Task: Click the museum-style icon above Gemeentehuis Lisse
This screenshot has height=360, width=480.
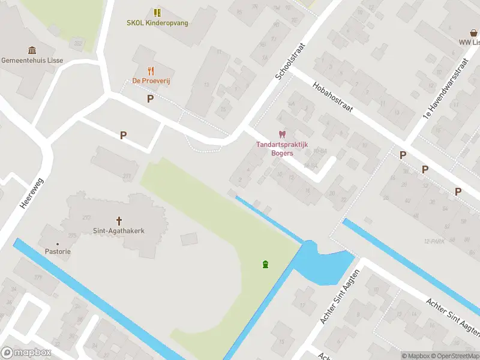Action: pyautogui.click(x=32, y=50)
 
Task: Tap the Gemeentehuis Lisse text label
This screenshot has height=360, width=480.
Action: pyautogui.click(x=32, y=61)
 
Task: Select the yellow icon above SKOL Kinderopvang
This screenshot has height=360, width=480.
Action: pyautogui.click(x=157, y=13)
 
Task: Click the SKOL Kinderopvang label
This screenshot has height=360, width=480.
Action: pyautogui.click(x=157, y=23)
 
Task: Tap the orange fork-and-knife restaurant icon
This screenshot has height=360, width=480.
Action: pyautogui.click(x=151, y=70)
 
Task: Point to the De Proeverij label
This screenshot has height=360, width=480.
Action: pyautogui.click(x=151, y=80)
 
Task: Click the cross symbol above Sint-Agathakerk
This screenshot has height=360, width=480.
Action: pyautogui.click(x=119, y=220)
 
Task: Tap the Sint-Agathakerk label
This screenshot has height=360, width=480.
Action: pyautogui.click(x=119, y=230)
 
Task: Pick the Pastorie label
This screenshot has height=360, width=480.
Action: pyautogui.click(x=57, y=251)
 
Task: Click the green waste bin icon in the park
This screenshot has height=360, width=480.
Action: pyautogui.click(x=265, y=264)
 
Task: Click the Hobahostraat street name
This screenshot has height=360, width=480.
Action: pyautogui.click(x=332, y=95)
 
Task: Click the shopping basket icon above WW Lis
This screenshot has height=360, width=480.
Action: pyautogui.click(x=473, y=33)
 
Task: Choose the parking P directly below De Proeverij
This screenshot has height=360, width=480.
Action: pyautogui.click(x=150, y=98)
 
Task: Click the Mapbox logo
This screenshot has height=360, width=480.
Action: pyautogui.click(x=26, y=353)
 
